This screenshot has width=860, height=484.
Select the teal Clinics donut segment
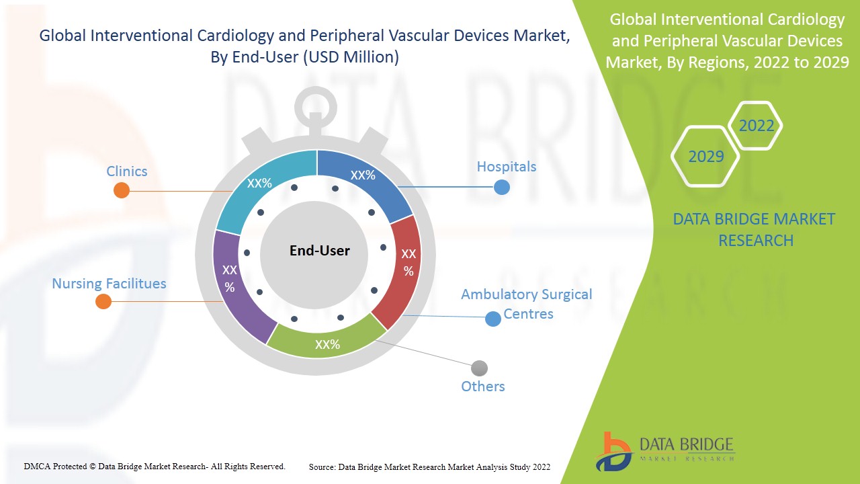click(x=262, y=188)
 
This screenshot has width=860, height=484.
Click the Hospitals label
click(x=507, y=166)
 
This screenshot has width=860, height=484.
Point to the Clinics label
click(x=126, y=171)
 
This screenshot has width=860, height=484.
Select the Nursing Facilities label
click(x=109, y=284)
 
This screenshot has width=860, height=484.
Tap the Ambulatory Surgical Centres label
click(x=527, y=304)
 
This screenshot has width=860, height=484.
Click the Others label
click(x=482, y=387)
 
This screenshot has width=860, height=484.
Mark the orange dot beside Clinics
click(x=122, y=190)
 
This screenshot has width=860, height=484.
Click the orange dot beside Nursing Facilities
click(x=103, y=301)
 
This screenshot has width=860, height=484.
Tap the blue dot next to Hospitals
click(x=501, y=187)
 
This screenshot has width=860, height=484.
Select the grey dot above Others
click(x=479, y=368)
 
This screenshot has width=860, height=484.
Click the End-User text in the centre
click(x=320, y=251)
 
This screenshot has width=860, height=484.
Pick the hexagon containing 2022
click(x=756, y=126)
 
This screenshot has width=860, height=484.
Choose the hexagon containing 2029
click(x=705, y=157)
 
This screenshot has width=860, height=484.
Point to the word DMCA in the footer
click(x=36, y=466)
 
